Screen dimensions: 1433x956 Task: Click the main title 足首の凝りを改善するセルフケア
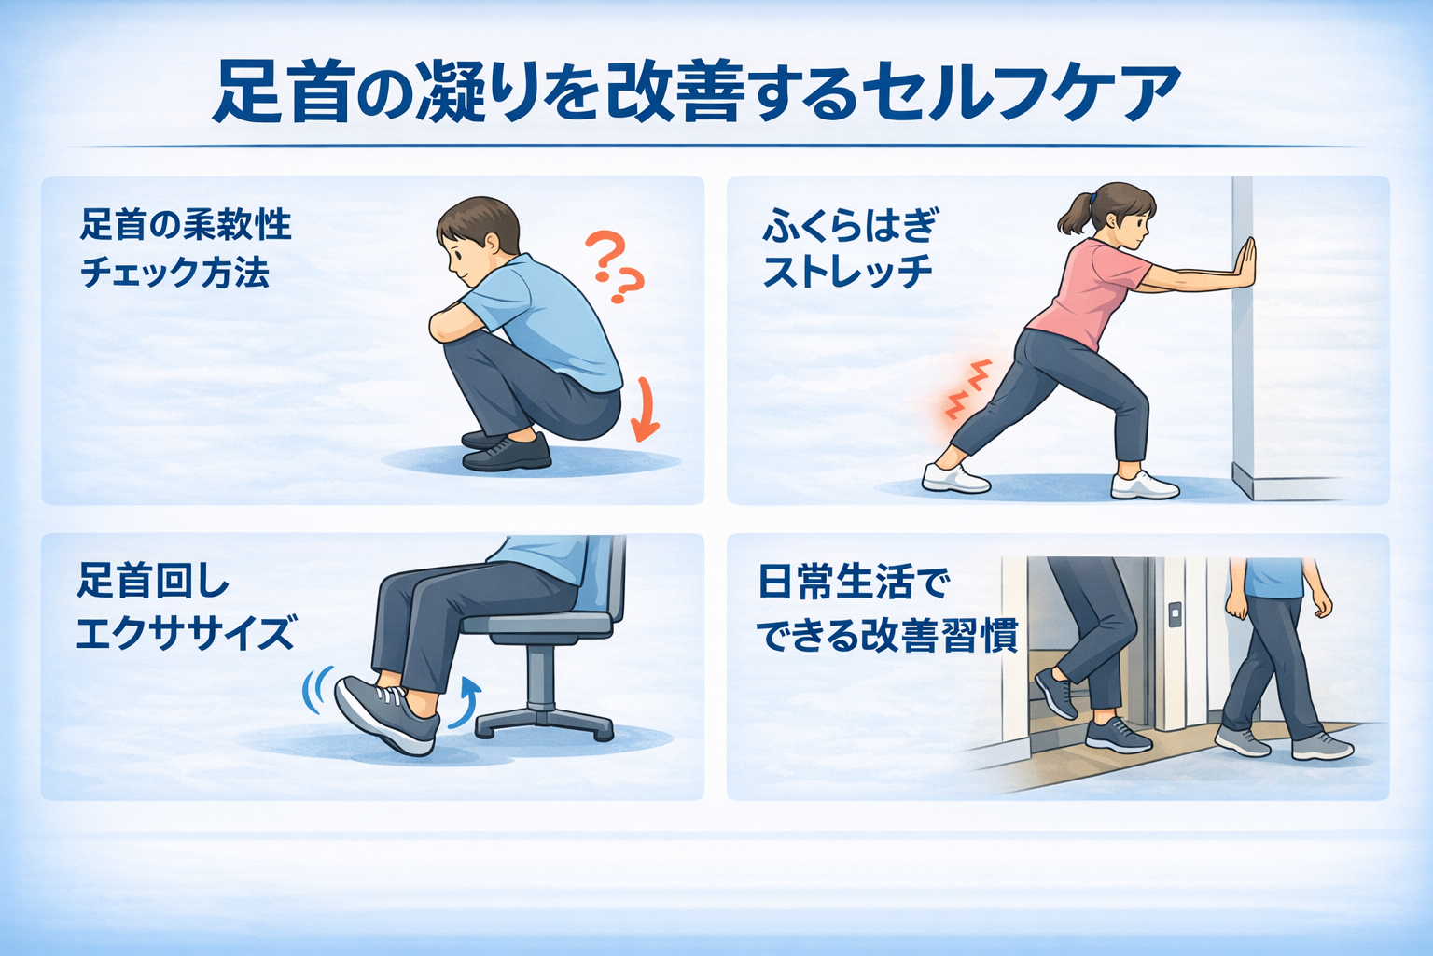[696, 91]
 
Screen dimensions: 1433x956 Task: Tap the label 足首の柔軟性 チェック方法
[186, 248]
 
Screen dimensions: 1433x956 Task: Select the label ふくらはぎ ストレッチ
[851, 248]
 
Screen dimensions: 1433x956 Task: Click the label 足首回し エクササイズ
[186, 607]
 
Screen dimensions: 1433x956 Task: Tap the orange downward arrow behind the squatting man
[645, 410]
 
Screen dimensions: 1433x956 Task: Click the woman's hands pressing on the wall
[1245, 262]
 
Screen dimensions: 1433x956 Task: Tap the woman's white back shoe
[955, 479]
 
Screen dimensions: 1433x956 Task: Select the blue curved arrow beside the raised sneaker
[465, 703]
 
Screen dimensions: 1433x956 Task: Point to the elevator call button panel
[1174, 613]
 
